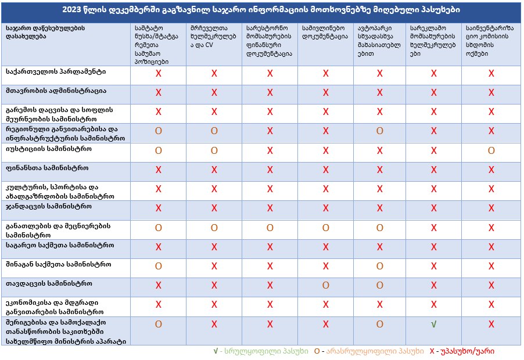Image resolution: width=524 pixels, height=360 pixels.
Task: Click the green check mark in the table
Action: (433, 324)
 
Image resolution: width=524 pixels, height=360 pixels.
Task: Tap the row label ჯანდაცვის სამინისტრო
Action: (46, 206)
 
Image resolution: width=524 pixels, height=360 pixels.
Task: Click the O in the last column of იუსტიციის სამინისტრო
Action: (491, 151)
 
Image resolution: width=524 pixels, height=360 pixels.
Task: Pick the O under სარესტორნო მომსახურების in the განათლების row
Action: (270, 228)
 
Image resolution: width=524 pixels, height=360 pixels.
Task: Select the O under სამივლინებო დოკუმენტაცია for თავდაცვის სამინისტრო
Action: (325, 286)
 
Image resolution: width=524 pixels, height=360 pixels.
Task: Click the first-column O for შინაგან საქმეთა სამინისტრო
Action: (158, 266)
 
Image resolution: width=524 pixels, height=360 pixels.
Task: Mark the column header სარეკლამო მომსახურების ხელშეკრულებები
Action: (432, 37)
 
